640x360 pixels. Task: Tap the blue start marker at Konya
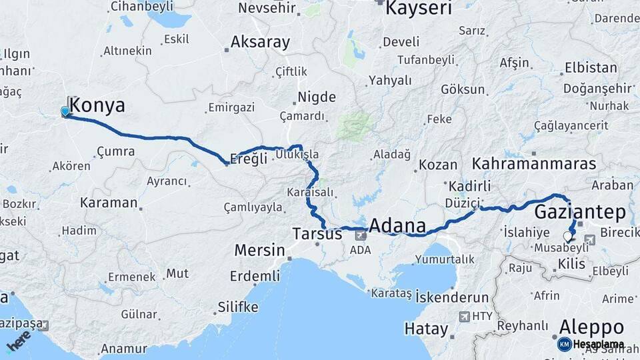[x=65, y=111]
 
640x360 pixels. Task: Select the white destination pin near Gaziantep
[x=568, y=236]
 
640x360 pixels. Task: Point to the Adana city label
[x=397, y=226]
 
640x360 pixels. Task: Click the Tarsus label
[x=317, y=233]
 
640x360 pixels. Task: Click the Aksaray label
[x=260, y=43]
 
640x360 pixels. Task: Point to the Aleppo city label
[x=591, y=327]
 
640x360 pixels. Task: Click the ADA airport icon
[x=361, y=235]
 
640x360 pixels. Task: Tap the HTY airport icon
[x=465, y=317]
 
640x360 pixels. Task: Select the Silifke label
[x=238, y=307]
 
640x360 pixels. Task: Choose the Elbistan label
[x=591, y=68]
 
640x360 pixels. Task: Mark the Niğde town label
[x=316, y=97]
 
